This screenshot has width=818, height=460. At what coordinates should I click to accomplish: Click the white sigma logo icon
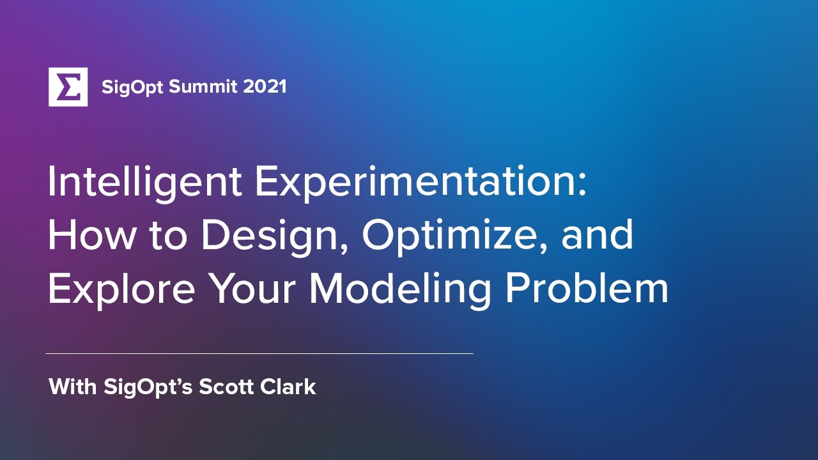(68, 86)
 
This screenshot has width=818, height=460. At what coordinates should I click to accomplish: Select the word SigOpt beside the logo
(132, 87)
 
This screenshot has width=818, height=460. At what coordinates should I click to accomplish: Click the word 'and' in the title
(598, 235)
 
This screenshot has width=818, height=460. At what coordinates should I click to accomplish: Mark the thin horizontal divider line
(259, 353)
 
